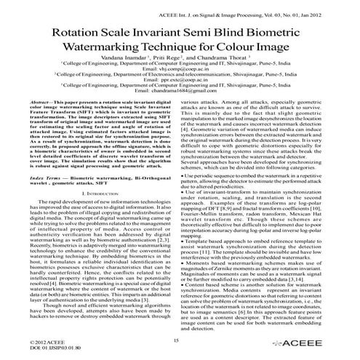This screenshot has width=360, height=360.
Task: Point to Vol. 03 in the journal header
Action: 279,9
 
